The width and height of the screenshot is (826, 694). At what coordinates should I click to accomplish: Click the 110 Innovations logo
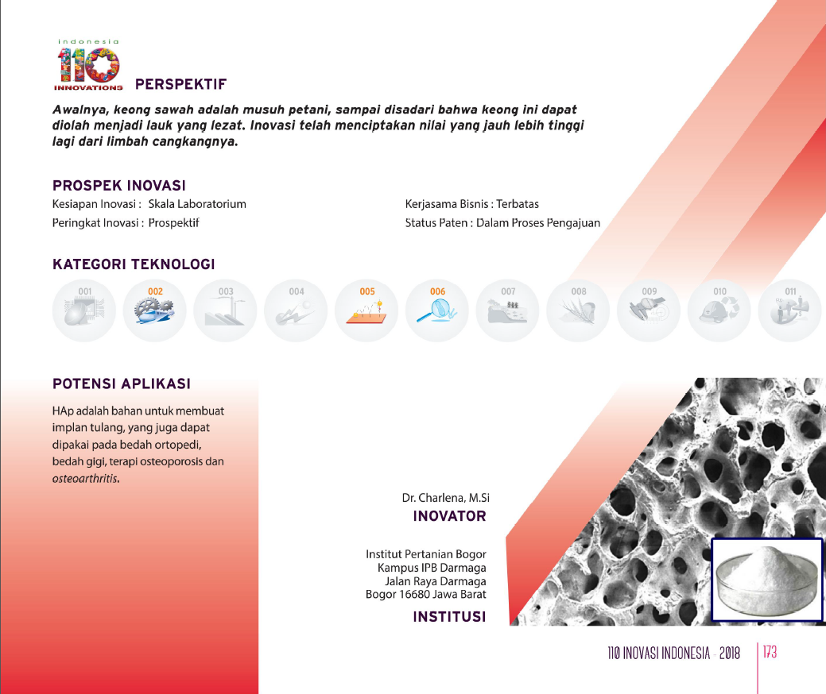pyautogui.click(x=88, y=65)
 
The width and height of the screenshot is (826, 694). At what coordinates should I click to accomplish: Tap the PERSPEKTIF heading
pyautogui.click(x=180, y=84)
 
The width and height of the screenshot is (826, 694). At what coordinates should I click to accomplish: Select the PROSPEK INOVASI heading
pyautogui.click(x=119, y=185)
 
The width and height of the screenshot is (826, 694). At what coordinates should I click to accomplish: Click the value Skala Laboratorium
pyautogui.click(x=197, y=204)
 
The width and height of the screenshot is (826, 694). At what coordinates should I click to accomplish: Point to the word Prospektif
pyautogui.click(x=173, y=223)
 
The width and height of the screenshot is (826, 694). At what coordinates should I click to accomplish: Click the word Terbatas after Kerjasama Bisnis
pyautogui.click(x=518, y=204)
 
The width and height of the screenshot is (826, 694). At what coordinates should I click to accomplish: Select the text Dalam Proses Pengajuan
pyautogui.click(x=538, y=223)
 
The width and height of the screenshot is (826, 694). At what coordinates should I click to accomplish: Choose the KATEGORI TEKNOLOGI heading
pyautogui.click(x=134, y=264)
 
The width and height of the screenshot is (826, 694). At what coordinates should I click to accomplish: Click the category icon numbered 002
pyautogui.click(x=155, y=310)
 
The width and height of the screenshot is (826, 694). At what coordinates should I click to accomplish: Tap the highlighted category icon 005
pyautogui.click(x=366, y=310)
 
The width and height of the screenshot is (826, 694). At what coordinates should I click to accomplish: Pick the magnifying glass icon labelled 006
pyautogui.click(x=437, y=310)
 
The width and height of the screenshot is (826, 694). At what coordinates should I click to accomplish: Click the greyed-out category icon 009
pyautogui.click(x=649, y=310)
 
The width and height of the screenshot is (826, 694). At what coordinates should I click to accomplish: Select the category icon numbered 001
pyautogui.click(x=84, y=310)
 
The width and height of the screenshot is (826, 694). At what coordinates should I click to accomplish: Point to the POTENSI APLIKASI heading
pyautogui.click(x=121, y=384)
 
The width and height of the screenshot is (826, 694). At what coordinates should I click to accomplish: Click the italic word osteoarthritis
pyautogui.click(x=85, y=479)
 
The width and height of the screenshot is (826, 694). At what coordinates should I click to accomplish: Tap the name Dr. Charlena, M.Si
pyautogui.click(x=446, y=498)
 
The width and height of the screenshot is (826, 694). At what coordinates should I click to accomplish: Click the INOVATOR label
pyautogui.click(x=449, y=516)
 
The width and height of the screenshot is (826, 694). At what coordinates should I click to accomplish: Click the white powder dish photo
pyautogui.click(x=767, y=580)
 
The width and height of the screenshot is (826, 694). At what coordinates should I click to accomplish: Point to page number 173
pyautogui.click(x=770, y=653)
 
